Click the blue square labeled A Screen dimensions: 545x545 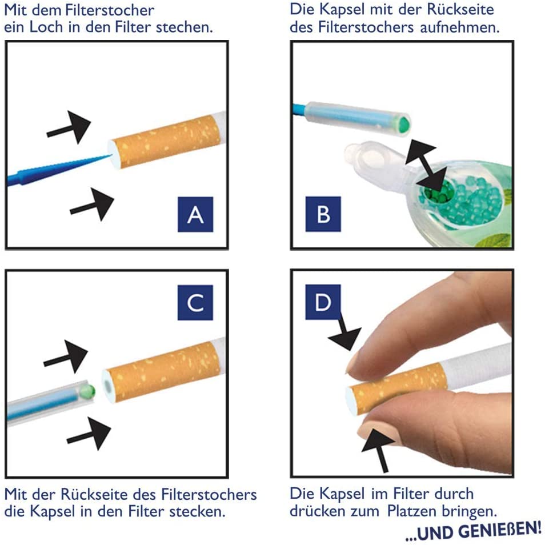click(x=195, y=214)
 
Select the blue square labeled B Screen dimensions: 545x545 click(x=323, y=214)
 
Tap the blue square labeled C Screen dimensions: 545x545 click(x=195, y=302)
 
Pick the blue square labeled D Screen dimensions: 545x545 click(x=323, y=302)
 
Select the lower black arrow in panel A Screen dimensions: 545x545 click(x=92, y=205)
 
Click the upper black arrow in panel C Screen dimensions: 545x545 click(x=66, y=356)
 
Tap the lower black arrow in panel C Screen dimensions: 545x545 click(x=89, y=434)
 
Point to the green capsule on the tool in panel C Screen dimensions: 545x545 click(x=87, y=391)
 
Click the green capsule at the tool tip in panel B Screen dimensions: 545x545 click(x=404, y=123)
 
